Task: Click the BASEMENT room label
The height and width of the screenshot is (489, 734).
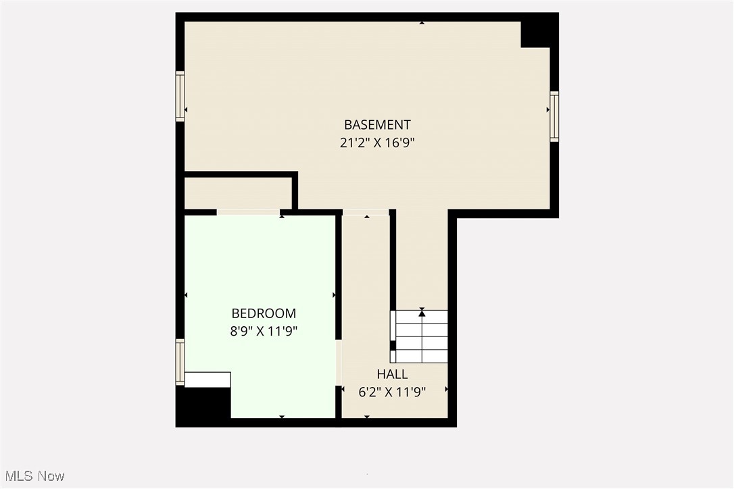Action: click(x=377, y=124)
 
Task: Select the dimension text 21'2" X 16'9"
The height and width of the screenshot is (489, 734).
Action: click(x=377, y=143)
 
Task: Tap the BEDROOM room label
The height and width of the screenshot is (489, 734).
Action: click(x=264, y=313)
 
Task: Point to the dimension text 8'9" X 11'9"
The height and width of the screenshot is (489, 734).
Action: click(x=264, y=331)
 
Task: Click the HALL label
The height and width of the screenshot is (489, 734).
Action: click(x=392, y=374)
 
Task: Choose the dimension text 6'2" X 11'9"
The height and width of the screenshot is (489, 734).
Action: click(x=392, y=392)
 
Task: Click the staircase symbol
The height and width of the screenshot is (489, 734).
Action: click(x=421, y=336)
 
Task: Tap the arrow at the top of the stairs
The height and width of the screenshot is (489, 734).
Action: click(x=422, y=312)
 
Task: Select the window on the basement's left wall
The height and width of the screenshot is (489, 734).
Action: click(x=180, y=96)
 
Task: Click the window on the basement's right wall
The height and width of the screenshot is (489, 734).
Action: click(x=554, y=116)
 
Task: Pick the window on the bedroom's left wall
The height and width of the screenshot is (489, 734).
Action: click(x=180, y=362)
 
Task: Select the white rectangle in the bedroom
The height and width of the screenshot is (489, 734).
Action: click(x=207, y=380)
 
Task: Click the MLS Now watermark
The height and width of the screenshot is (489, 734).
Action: click(x=32, y=476)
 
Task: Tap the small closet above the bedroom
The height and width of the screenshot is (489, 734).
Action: click(x=238, y=193)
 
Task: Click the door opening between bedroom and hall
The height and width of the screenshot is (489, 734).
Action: click(x=339, y=362)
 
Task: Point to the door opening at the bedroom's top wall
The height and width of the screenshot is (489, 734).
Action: click(x=248, y=212)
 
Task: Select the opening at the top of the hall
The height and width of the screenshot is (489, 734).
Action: click(x=366, y=213)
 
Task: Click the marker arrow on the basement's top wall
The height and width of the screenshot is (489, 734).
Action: click(x=422, y=23)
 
